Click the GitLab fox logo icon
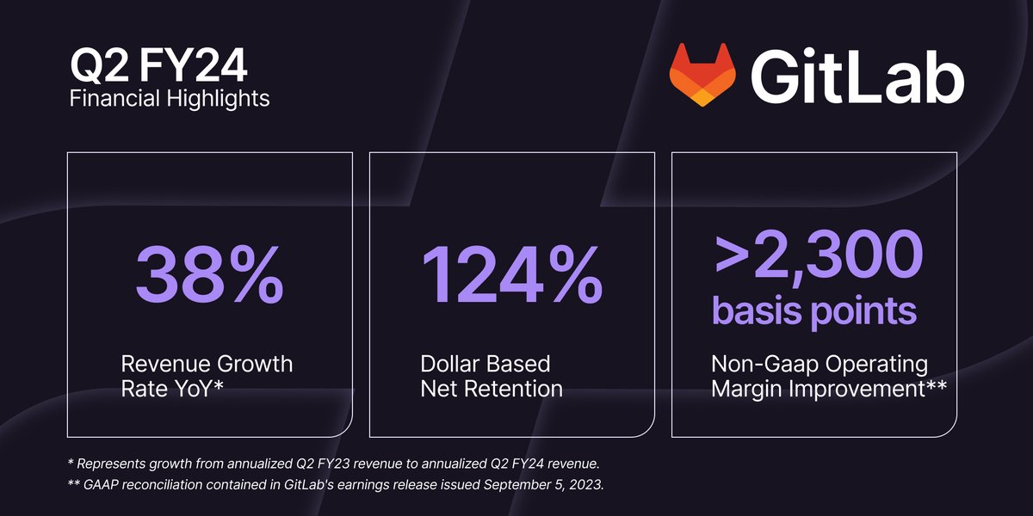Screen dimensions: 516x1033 pos(703,75)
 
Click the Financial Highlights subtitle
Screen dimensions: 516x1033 pos(169,99)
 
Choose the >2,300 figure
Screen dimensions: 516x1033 pos(818,252)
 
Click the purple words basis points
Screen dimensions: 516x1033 pos(813,312)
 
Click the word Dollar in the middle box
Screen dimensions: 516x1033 pos(453,364)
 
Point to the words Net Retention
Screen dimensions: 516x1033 pos(492,389)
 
